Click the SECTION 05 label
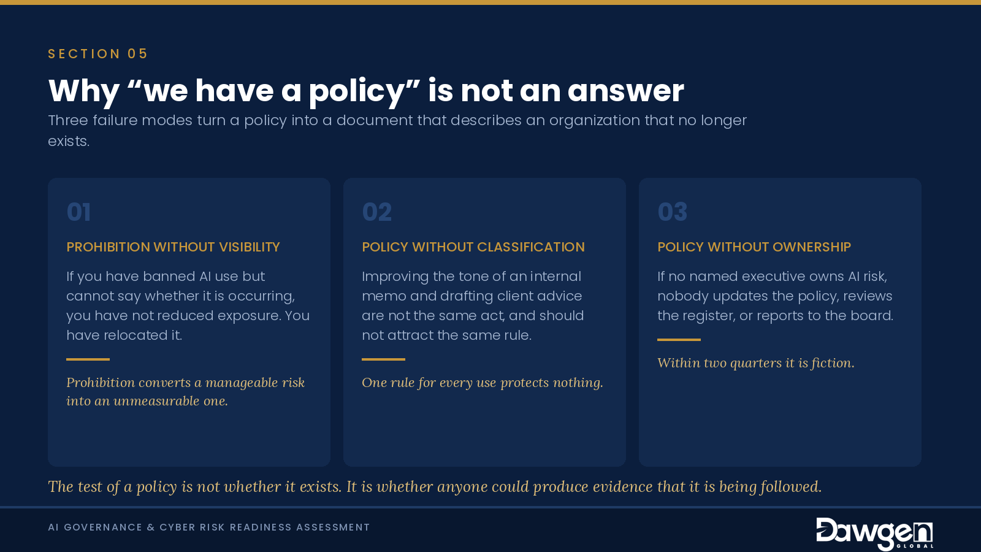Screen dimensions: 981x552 pos(97,54)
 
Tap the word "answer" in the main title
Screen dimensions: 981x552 pos(626,91)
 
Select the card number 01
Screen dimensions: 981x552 pos(78,212)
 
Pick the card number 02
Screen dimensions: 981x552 pos(376,212)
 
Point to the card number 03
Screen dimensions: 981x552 pos(672,212)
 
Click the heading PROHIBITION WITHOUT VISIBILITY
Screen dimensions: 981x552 pos(173,247)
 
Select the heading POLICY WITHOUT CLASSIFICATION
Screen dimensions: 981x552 pos(473,247)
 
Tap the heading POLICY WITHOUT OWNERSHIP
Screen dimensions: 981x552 pos(754,247)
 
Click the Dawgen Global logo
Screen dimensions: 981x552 pos(874,534)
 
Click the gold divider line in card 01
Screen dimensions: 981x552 pos(88,359)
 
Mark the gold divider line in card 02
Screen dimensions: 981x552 pos(384,359)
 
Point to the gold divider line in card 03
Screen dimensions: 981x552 pos(679,340)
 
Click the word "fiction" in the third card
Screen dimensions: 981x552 pos(832,363)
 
